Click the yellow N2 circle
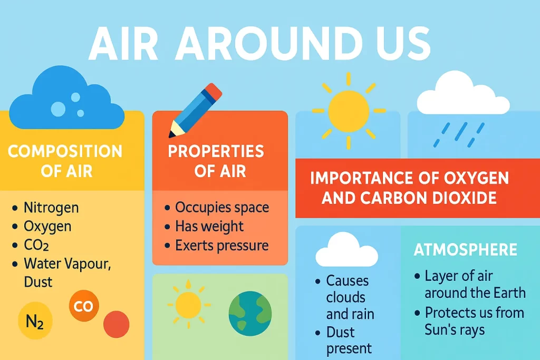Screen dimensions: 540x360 [x=35, y=320]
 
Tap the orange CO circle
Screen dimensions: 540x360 [x=84, y=306]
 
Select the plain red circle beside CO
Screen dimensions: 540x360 [x=117, y=324]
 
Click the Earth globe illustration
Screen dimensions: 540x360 [x=250, y=314]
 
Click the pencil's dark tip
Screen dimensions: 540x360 [x=171, y=134]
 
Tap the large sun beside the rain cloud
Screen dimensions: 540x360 [x=349, y=111]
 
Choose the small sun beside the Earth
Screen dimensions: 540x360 [x=188, y=305]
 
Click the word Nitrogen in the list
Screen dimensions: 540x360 [x=51, y=208]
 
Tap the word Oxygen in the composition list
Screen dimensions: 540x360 [x=47, y=227]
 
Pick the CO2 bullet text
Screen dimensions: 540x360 [x=36, y=245]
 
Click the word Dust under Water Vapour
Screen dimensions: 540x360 [x=38, y=282]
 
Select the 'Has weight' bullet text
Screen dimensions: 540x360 [x=209, y=226]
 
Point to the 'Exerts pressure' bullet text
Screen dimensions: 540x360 [x=222, y=246]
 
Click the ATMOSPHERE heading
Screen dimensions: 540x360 [x=465, y=249]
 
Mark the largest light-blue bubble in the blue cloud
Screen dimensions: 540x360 [x=58, y=109]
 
